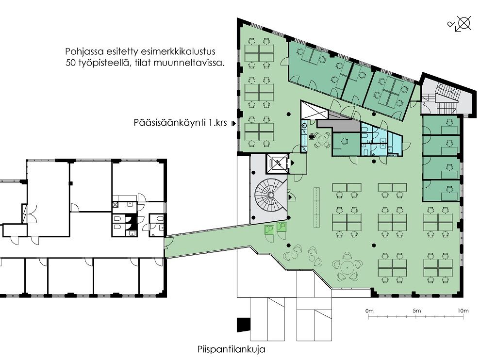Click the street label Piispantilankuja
click(231, 349)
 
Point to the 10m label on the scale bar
click(463, 311)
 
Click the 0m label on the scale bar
click(369, 311)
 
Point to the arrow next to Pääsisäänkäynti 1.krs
click(234, 123)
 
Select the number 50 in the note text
click(71, 63)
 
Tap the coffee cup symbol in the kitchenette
click(312, 137)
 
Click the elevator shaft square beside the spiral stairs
click(278, 163)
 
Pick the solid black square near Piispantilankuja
click(244, 325)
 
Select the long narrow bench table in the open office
click(316, 207)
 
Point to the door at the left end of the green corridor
click(168, 244)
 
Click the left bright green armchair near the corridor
click(270, 229)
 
